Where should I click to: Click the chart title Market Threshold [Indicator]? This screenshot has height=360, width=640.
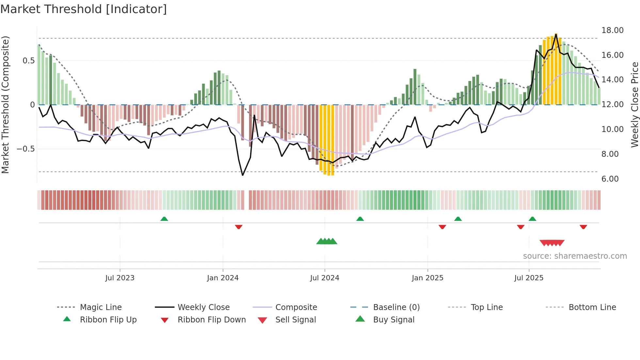point(84,9)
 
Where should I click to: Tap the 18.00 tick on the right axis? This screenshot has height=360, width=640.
point(612,30)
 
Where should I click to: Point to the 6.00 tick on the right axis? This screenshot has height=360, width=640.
point(610,179)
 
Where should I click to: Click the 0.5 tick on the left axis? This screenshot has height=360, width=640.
point(28,61)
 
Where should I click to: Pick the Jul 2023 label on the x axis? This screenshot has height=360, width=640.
point(120,278)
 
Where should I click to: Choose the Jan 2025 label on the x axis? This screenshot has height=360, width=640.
point(427,278)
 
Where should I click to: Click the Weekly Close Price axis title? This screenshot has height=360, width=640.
point(634,105)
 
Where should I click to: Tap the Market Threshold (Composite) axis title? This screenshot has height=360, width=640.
point(5,105)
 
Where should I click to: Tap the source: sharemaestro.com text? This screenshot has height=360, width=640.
point(575,256)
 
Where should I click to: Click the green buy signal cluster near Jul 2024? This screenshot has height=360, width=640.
point(327,241)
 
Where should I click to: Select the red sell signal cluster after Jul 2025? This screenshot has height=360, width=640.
point(552,243)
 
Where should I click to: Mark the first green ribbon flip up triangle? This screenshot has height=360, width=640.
point(164,219)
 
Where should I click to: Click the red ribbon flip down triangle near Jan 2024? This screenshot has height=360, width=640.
point(239,227)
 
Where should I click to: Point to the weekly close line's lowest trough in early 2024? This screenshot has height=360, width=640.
point(243,175)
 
